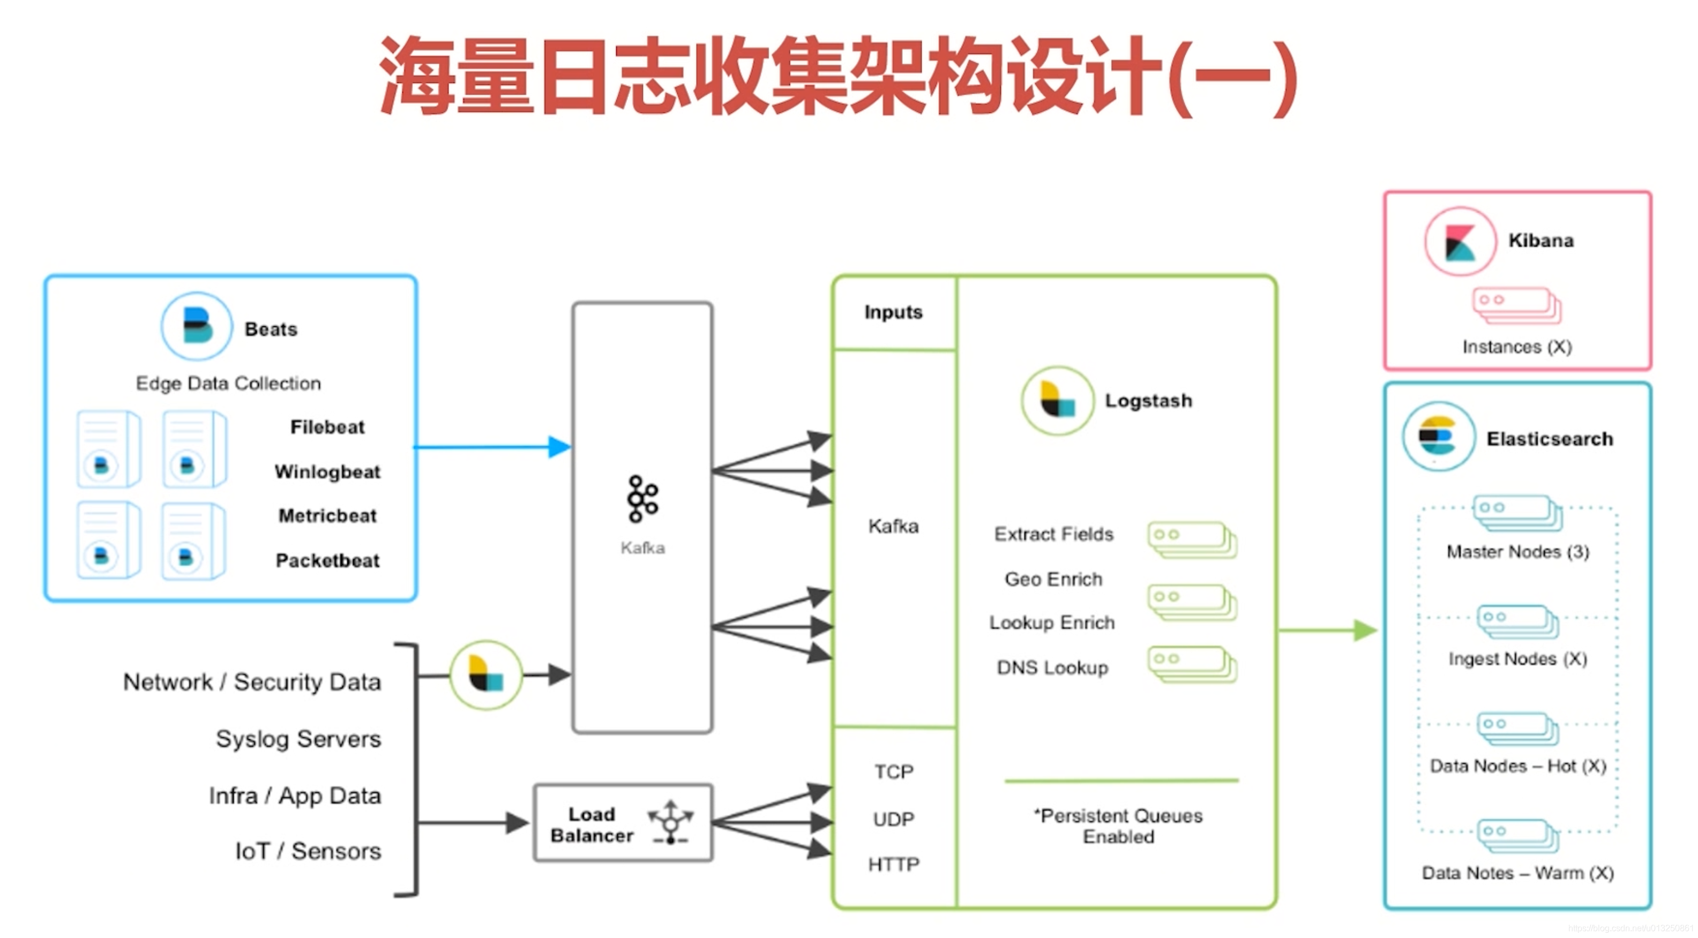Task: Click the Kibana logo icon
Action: pos(1460,241)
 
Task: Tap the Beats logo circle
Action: pos(197,326)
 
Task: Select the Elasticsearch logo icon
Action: pos(1438,437)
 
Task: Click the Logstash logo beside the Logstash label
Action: pos(1057,400)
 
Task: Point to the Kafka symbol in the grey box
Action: pos(642,498)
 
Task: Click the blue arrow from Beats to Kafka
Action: pos(491,447)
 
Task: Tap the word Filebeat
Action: pos(327,427)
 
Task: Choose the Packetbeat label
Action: pos(327,560)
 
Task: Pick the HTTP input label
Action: pos(893,864)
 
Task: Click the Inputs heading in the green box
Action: pos(893,312)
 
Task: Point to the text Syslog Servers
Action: pos(298,739)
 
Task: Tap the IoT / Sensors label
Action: pos(308,851)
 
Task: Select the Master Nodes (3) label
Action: pos(1517,551)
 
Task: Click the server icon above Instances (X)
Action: pos(1516,305)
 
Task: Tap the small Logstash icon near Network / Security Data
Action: pos(486,674)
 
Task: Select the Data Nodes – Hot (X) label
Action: pos(1517,766)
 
